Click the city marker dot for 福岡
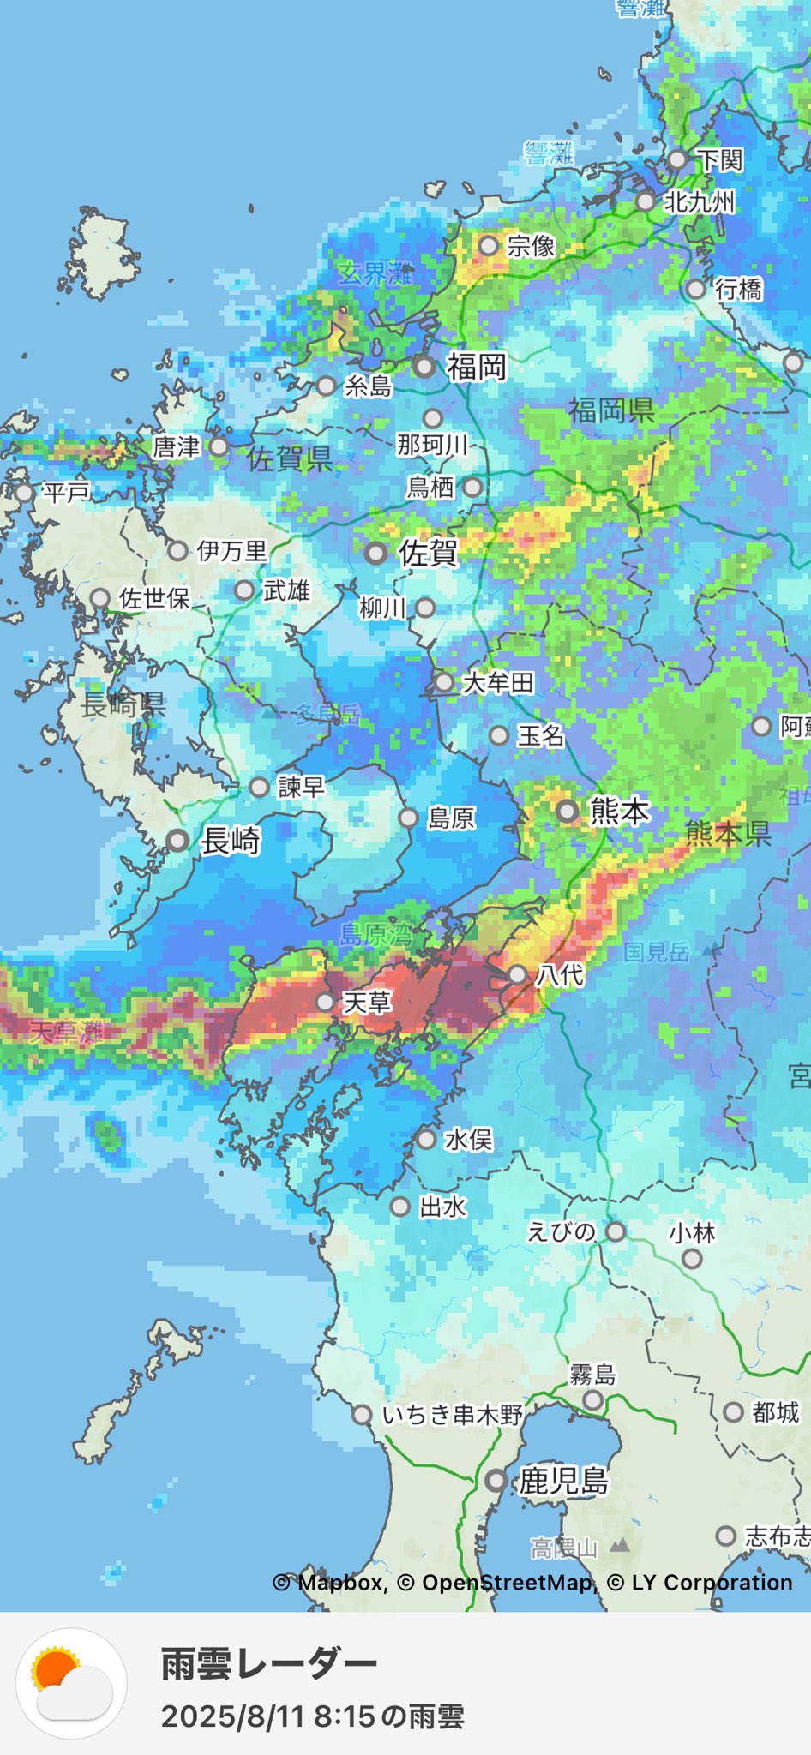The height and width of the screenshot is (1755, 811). tap(424, 367)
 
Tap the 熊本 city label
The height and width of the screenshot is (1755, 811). tap(620, 811)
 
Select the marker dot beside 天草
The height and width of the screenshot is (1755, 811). tap(325, 1002)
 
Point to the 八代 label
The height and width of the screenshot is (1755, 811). tap(560, 974)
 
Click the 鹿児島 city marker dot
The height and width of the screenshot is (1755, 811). tap(496, 1480)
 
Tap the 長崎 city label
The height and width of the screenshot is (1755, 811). tap(230, 841)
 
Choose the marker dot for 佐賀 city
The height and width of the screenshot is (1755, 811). tap(375, 553)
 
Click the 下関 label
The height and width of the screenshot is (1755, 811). tap(719, 159)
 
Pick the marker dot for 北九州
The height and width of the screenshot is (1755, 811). tap(645, 202)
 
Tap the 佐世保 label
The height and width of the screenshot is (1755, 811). tap(154, 598)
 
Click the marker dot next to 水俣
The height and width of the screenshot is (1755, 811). tap(426, 1140)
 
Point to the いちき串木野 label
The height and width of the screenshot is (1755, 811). tap(452, 1414)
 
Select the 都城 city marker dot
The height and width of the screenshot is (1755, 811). tap(733, 1412)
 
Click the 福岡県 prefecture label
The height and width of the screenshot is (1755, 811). tap(611, 410)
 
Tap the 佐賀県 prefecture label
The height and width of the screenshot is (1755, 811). tap(290, 459)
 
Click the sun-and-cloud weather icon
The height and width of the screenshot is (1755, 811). tap(72, 1682)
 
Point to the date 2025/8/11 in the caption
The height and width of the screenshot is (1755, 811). tap(233, 1716)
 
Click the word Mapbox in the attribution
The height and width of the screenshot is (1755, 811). tap(340, 1583)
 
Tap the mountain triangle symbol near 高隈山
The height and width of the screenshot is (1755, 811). tap(620, 1546)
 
